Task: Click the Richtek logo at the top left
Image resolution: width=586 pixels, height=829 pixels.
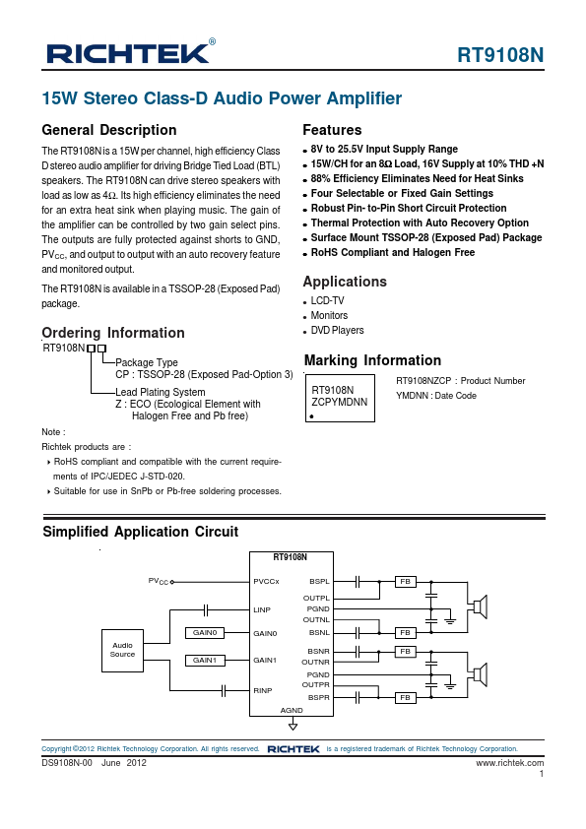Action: [131, 52]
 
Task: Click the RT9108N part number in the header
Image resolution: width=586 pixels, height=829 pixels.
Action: [500, 55]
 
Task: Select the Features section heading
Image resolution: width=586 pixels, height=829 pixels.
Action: [332, 130]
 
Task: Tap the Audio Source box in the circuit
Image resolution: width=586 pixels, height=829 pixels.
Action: [122, 650]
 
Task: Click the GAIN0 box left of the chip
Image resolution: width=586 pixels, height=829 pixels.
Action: [205, 633]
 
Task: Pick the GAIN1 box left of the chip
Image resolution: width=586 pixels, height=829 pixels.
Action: [205, 661]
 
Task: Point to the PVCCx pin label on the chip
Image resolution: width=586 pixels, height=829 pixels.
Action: [266, 582]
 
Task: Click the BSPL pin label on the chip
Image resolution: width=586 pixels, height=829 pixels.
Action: [319, 582]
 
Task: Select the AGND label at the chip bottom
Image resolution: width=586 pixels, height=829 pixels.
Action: [292, 710]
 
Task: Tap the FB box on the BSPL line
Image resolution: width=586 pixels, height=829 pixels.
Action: [406, 582]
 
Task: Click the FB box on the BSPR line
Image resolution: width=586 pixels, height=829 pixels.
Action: [406, 698]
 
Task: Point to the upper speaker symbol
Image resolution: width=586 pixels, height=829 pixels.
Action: [480, 606]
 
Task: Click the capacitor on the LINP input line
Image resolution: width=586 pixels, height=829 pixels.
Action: [206, 610]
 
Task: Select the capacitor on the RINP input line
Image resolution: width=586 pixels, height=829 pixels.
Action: [224, 690]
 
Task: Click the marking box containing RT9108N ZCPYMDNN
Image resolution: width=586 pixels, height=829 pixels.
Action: [340, 398]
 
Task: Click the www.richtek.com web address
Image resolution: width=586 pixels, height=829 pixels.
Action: [510, 763]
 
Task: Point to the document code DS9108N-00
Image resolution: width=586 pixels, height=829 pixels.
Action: [67, 763]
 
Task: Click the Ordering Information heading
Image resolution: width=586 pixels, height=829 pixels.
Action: [113, 333]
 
